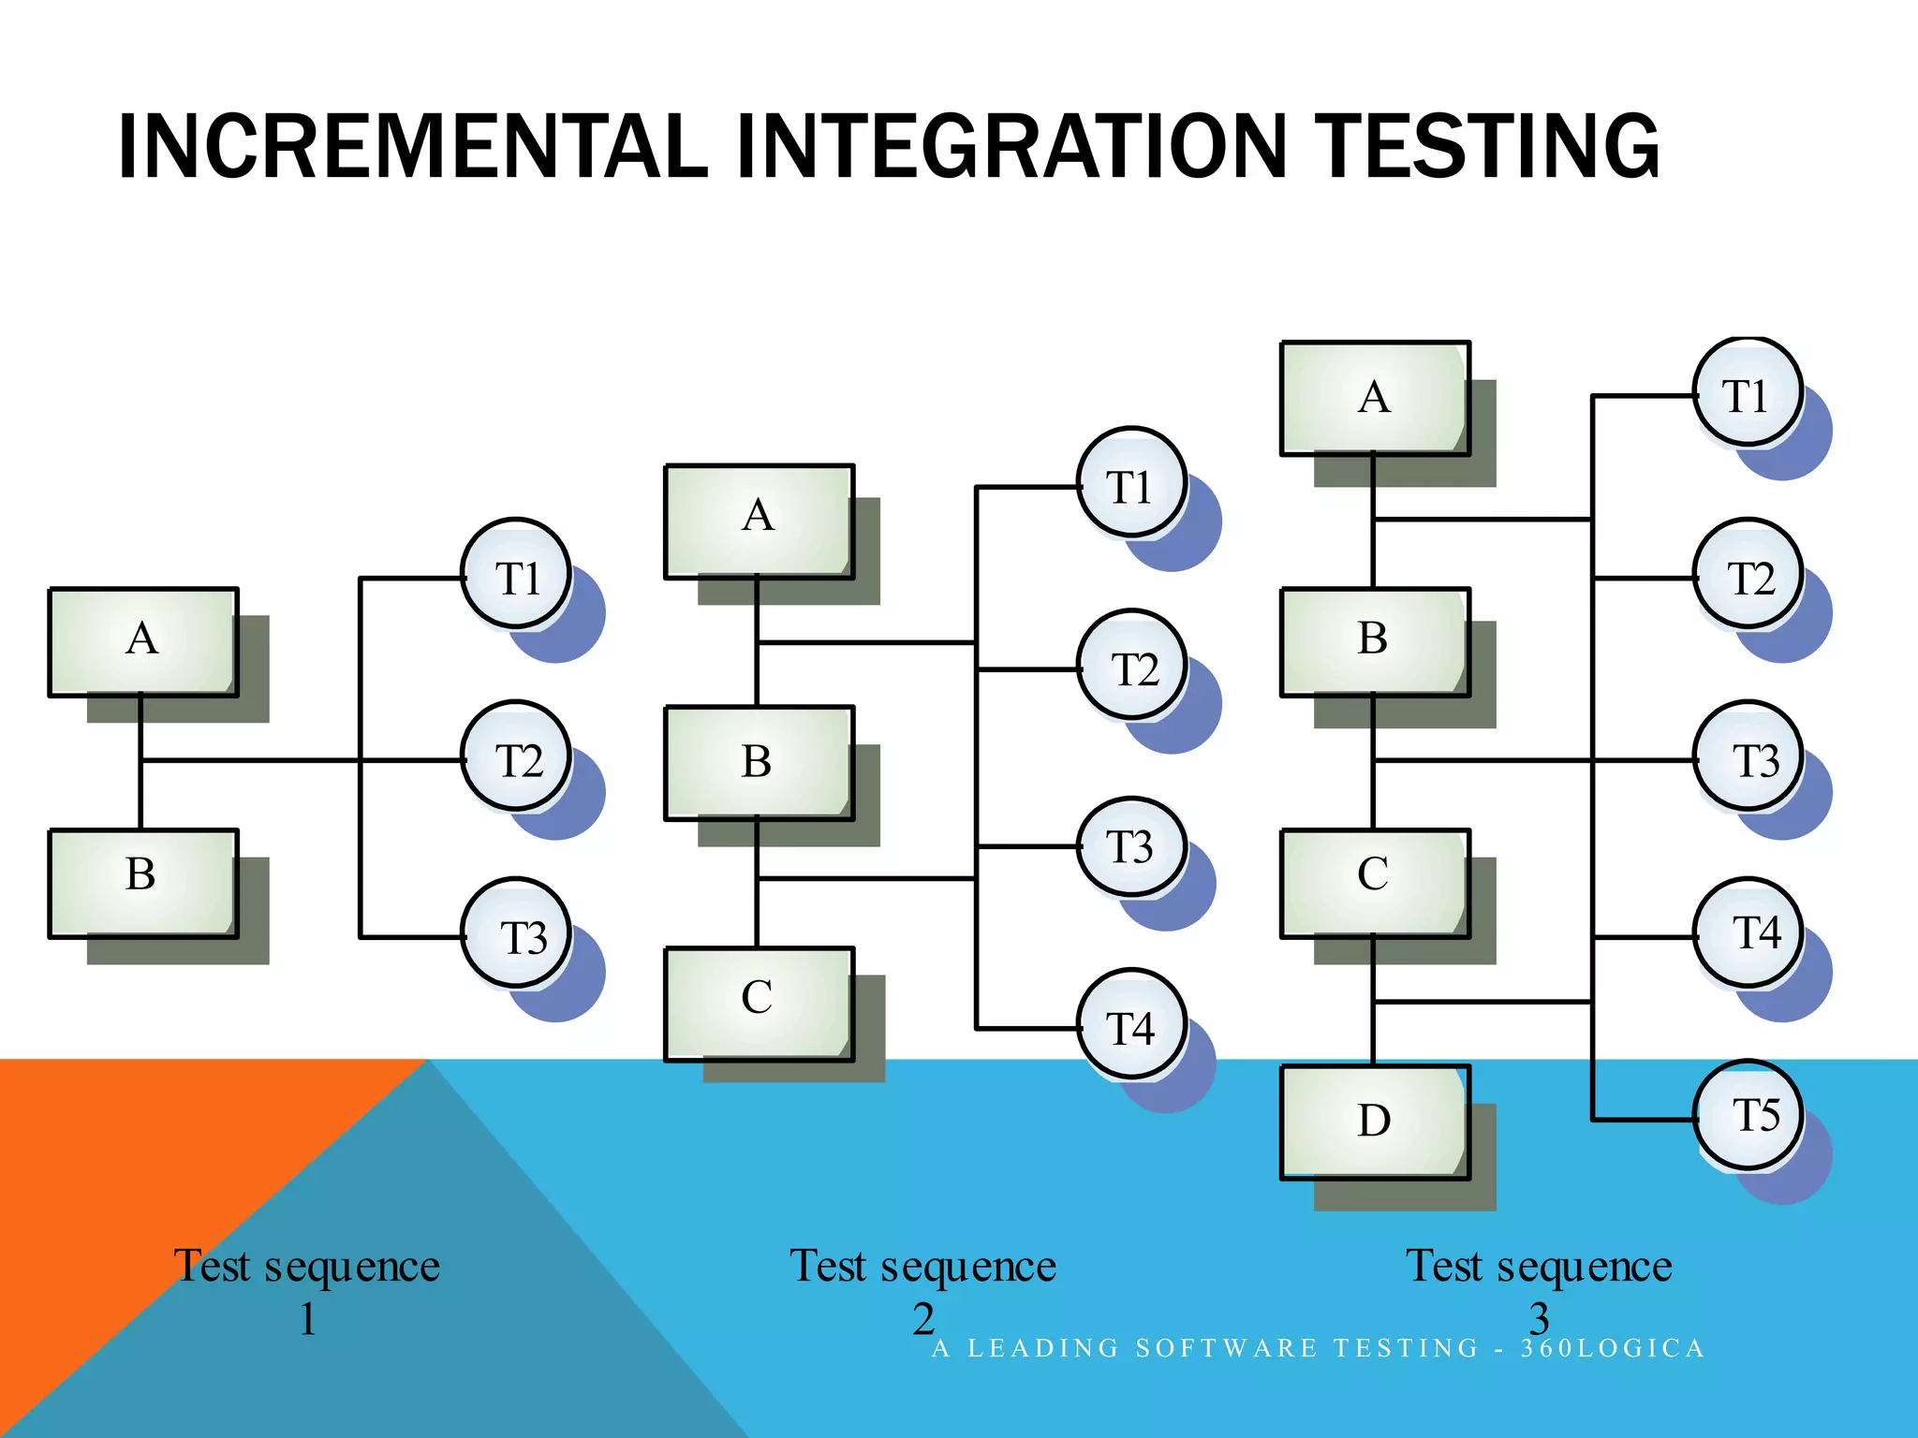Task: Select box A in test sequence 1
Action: (x=142, y=641)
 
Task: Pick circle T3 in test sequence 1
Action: (x=516, y=933)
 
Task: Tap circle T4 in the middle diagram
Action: (x=1131, y=1025)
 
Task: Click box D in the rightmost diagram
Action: (x=1375, y=1121)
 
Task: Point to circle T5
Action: (x=1748, y=1114)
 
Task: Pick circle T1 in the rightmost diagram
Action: (x=1748, y=392)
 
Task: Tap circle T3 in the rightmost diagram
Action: (x=1748, y=756)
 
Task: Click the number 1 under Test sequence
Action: (x=307, y=1318)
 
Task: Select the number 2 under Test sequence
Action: (x=923, y=1318)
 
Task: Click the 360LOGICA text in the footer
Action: (x=1612, y=1348)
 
